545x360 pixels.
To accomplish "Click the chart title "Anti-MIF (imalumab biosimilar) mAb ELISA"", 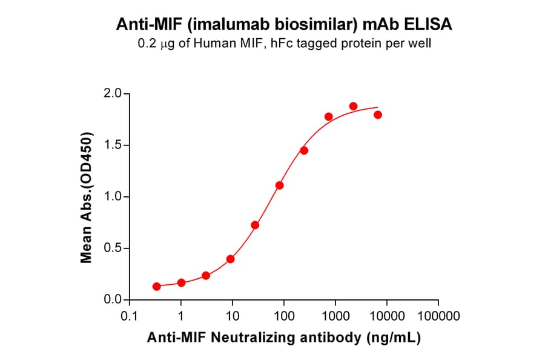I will click(283, 25).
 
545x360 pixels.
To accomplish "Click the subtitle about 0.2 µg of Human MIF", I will click(283, 44).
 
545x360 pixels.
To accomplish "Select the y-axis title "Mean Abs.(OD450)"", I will click(87, 197).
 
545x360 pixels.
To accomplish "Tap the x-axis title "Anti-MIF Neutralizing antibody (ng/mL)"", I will click(283, 338).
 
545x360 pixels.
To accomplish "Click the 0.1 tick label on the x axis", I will click(129, 316).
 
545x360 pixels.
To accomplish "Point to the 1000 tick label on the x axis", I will click(335, 316).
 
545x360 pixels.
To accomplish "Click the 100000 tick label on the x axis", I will click(438, 316).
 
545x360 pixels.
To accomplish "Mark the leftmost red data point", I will click(157, 286).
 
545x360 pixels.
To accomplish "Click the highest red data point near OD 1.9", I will click(353, 106).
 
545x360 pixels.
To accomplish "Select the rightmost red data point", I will click(378, 115).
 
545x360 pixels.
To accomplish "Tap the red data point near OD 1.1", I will click(279, 185).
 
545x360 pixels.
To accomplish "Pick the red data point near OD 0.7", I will click(255, 225).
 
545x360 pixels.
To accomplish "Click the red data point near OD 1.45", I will click(304, 150).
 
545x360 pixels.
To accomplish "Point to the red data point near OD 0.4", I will click(230, 259).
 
